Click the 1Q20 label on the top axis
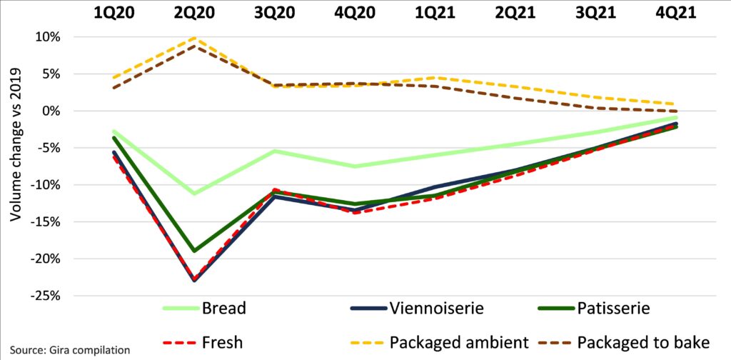114,12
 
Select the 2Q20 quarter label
194,12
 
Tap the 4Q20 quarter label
355,12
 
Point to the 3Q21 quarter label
596,12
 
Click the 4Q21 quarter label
676,12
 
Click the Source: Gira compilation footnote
69,351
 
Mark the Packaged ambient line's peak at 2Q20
194,39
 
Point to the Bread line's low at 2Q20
194,194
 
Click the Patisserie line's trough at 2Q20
194,251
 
